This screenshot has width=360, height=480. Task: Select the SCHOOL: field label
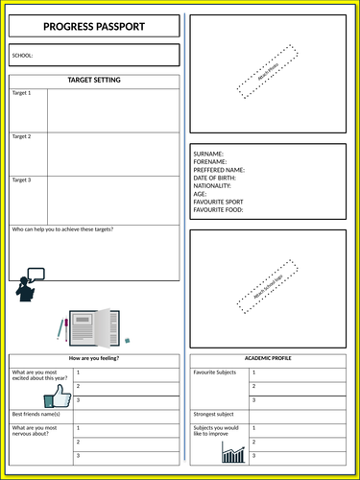point(22,56)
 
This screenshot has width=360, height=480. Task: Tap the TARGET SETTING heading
point(94,81)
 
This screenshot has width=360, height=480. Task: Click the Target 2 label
point(21,137)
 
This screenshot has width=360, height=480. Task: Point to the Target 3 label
point(21,180)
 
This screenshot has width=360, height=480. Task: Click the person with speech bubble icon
point(29,286)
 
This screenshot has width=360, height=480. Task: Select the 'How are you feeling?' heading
point(94,358)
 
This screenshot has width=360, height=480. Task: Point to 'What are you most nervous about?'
point(35,431)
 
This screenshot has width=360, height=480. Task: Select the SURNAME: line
point(209,154)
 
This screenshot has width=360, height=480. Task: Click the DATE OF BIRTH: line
point(215,178)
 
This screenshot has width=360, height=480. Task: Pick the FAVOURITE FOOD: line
point(219,209)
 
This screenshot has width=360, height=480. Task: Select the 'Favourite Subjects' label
point(216,372)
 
